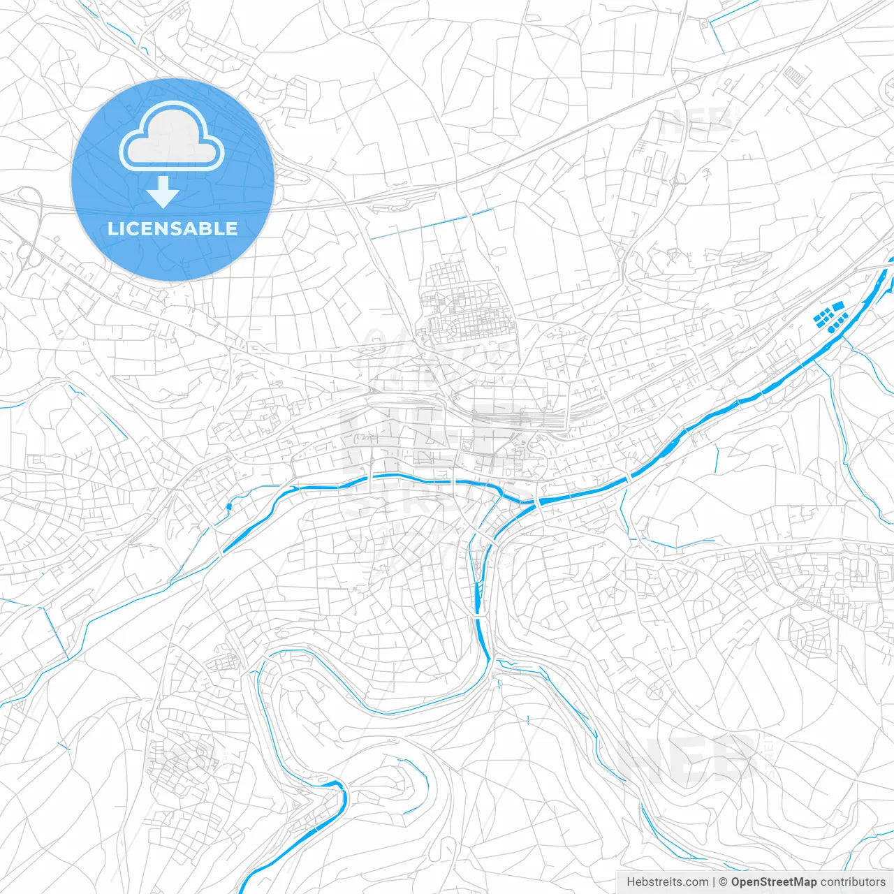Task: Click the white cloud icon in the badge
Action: point(172,136)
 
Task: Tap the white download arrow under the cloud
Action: point(163,192)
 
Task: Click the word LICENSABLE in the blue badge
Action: point(173,228)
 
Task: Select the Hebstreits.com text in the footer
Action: point(667,882)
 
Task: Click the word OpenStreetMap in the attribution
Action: point(774,882)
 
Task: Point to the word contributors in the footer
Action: point(853,882)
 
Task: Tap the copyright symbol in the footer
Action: point(724,882)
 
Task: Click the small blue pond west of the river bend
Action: point(228,506)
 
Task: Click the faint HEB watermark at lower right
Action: point(688,758)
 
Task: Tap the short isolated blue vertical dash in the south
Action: point(529,719)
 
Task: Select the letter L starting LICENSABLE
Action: point(112,228)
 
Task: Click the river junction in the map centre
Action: point(534,502)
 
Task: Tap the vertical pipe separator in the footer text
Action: point(713,882)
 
